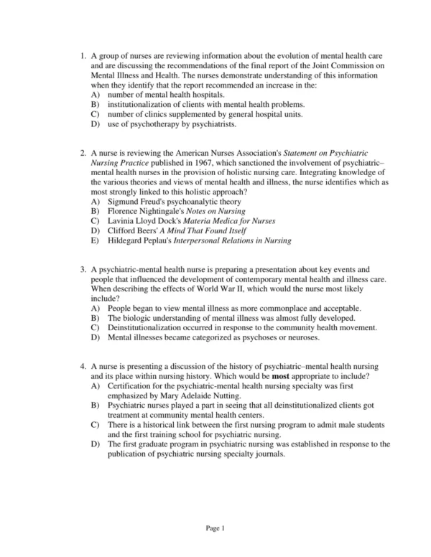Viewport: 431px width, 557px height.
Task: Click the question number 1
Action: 83,55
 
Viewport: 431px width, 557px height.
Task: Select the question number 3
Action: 83,268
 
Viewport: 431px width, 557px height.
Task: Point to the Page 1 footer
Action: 215,528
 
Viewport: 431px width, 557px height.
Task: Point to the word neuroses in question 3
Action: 302,337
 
